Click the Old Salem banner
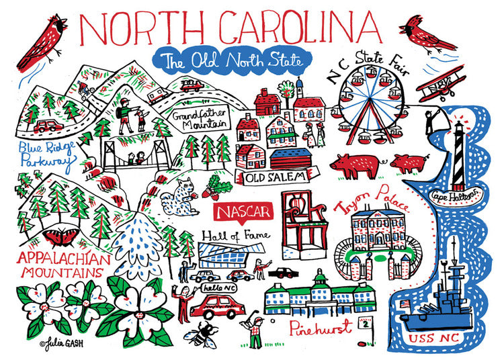(272, 177)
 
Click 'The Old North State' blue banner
(228, 61)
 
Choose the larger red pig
(355, 165)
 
